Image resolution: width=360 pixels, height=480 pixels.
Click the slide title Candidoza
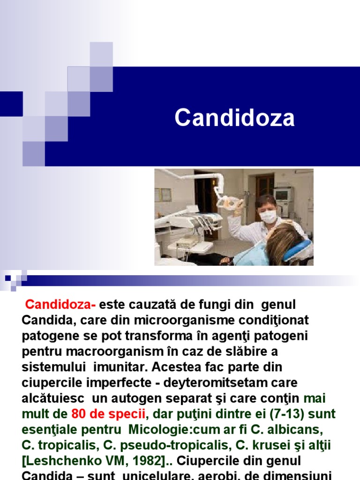click(x=234, y=118)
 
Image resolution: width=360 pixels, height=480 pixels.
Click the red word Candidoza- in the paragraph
click(x=60, y=305)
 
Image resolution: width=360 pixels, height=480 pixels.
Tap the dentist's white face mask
click(x=268, y=216)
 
